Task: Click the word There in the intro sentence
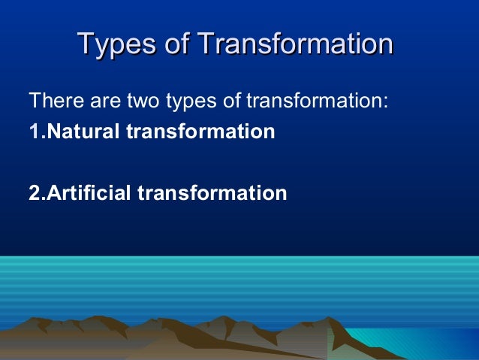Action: (50, 100)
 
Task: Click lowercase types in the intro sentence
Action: (179, 100)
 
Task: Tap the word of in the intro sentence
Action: (218, 100)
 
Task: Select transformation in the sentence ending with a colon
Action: (306, 100)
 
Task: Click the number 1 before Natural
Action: (33, 132)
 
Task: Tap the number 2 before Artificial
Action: (33, 193)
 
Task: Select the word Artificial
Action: (89, 193)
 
